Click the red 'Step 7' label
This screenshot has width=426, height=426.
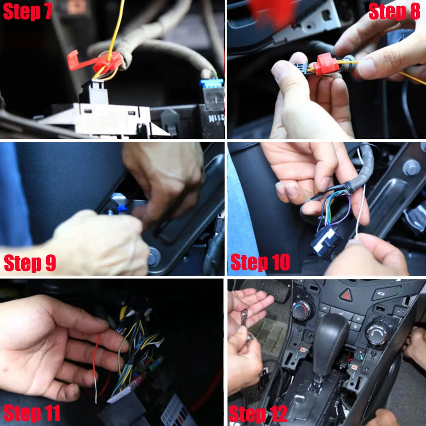(27, 12)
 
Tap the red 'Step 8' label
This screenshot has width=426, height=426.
(394, 12)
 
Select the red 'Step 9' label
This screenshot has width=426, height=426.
(30, 263)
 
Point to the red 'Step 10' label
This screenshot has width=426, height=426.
(260, 262)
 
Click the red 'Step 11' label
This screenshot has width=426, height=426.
(32, 413)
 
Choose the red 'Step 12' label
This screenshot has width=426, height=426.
(258, 414)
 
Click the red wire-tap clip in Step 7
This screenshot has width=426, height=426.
(95, 62)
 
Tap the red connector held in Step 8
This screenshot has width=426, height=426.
(325, 64)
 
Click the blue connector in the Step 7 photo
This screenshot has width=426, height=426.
(212, 83)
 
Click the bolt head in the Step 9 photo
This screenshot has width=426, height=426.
(154, 257)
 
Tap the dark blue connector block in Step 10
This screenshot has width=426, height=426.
(325, 241)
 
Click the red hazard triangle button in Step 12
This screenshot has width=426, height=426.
(346, 295)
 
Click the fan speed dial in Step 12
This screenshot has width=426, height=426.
(377, 334)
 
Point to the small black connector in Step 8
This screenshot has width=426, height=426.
(301, 68)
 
